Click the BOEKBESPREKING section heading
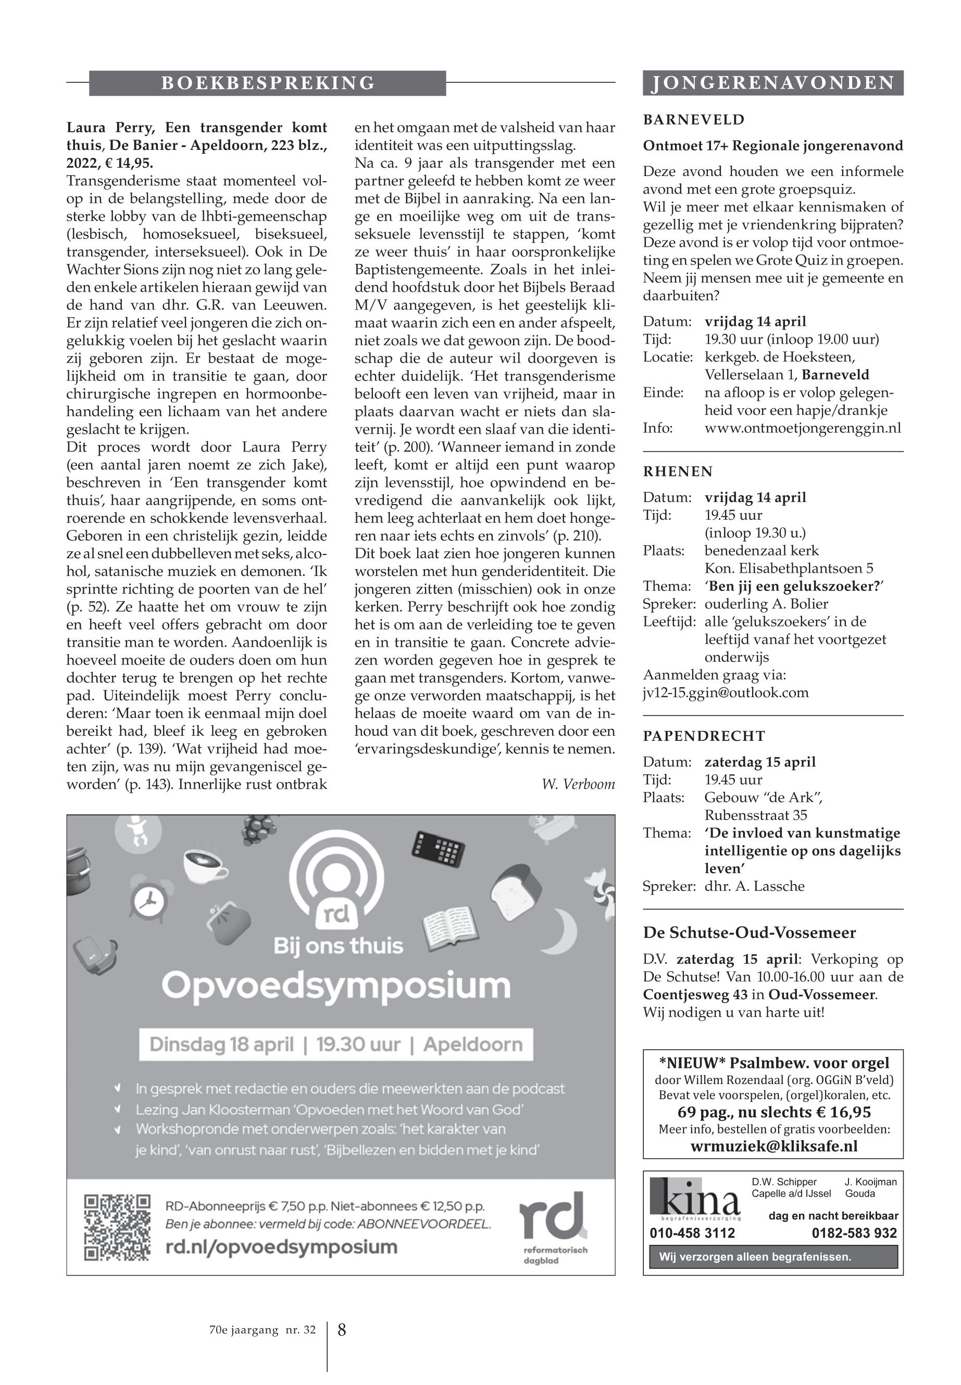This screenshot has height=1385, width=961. (267, 83)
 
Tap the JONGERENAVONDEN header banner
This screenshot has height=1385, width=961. (772, 83)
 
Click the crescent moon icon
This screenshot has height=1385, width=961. (563, 930)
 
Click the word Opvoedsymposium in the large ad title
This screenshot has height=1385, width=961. (336, 985)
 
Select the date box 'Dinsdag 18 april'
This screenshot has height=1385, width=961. (221, 1044)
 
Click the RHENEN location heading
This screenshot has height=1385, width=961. (678, 471)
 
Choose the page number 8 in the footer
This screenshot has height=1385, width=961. (341, 1330)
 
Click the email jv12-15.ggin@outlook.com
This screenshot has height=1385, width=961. (726, 692)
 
